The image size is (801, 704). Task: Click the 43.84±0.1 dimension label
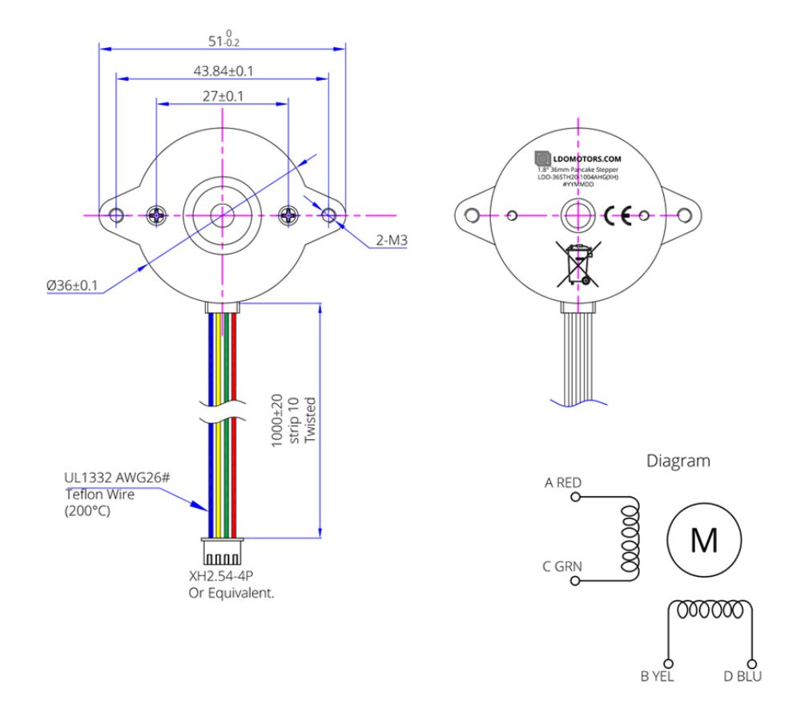[x=223, y=70]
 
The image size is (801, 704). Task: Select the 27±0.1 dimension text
[x=222, y=96]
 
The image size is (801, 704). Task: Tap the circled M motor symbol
[x=705, y=542]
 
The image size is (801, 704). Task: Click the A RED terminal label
[x=562, y=482]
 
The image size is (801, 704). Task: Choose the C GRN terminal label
[x=562, y=567]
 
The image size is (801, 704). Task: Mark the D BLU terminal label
[x=743, y=677]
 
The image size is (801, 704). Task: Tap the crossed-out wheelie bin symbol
[x=576, y=266]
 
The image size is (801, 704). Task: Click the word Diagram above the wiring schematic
[x=678, y=461]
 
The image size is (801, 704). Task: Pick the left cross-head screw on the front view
[x=157, y=214]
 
